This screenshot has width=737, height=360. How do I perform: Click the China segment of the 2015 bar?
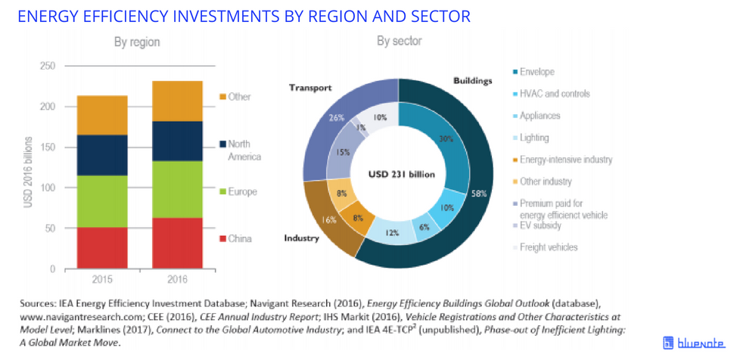pos(102,247)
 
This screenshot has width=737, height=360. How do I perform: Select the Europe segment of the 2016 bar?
pos(178,189)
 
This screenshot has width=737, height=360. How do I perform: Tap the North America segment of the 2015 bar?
pos(102,155)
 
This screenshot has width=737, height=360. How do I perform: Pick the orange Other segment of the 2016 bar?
pos(178,101)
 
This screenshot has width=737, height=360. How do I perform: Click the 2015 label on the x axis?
pos(102,278)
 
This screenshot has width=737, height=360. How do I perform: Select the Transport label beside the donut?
pos(310,88)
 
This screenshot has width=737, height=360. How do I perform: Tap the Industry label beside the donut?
pos(301,238)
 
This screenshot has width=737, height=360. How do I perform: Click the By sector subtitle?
pos(399,41)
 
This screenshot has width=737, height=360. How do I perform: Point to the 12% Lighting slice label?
pos(393,232)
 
